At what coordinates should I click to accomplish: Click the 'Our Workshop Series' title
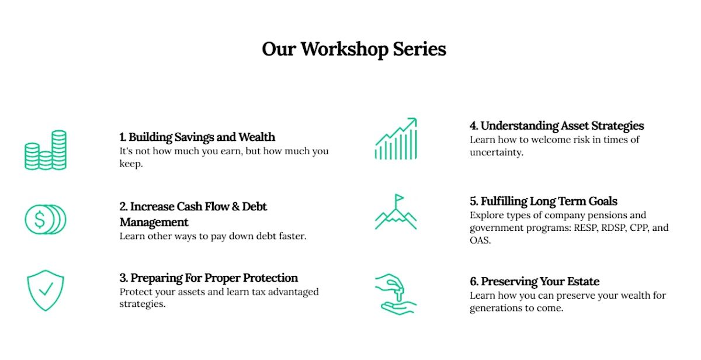pos(354,49)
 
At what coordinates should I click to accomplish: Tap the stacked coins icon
pos(46,150)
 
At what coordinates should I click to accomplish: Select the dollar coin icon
pos(46,219)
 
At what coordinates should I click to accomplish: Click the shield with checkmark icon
pos(46,290)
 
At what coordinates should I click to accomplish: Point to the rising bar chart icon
pos(396,139)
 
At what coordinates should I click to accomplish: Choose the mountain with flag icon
pos(396,212)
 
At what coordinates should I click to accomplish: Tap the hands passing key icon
pos(396,295)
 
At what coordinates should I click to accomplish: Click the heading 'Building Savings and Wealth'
pos(202,137)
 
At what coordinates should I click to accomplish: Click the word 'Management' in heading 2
pos(154,222)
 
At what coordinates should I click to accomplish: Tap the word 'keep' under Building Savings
pos(130,164)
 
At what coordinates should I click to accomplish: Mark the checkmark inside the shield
pos(46,289)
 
